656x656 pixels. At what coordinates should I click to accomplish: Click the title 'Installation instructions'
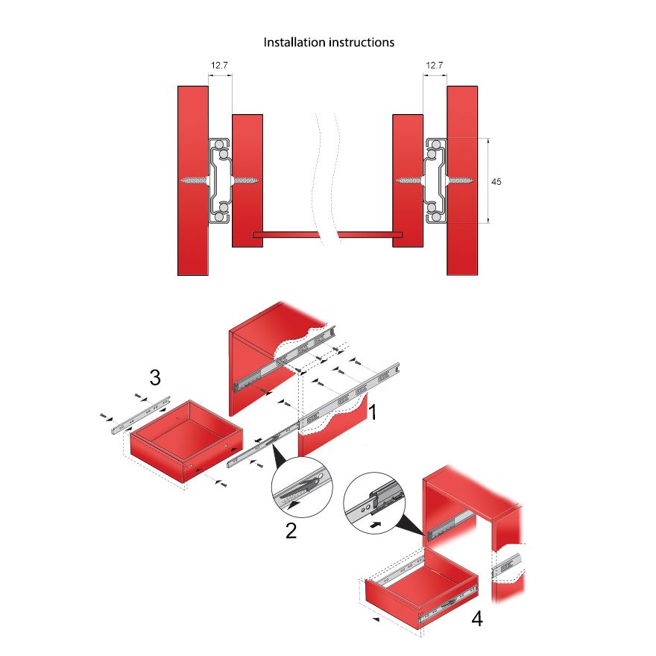pos(329,42)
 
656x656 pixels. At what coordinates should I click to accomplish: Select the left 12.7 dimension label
pos(219,66)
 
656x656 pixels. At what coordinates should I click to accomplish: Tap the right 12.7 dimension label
pos(434,66)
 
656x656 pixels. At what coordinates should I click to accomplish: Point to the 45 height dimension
pos(496,180)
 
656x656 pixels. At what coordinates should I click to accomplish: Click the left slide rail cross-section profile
pos(220,180)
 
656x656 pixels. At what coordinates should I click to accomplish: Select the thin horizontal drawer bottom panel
pos(327,235)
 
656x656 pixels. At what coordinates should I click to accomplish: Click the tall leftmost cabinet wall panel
pos(192,180)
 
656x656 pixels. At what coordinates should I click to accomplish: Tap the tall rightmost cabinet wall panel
pos(461,180)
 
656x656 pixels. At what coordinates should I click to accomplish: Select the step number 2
pos(291,531)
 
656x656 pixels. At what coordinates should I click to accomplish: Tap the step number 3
pos(155,378)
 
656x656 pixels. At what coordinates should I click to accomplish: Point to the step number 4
pos(476,618)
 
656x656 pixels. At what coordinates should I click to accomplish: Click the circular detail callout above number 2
pos(302,488)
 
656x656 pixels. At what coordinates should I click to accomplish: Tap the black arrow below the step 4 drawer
pos(376,619)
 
